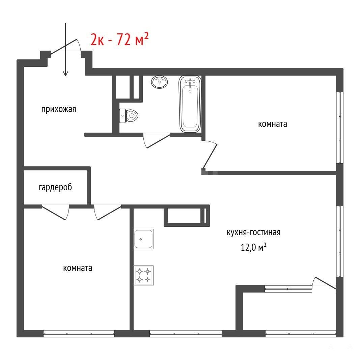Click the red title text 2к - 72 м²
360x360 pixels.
(120, 39)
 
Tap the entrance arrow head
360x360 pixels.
(66, 73)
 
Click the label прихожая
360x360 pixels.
(59, 109)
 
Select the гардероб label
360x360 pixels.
(55, 187)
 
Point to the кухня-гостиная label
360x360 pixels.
(253, 232)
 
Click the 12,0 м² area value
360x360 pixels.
(253, 247)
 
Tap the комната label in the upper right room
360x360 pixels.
(273, 124)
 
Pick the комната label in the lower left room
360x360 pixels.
(78, 268)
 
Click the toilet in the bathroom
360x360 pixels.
(129, 116)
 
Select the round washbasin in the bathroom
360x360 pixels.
(159, 82)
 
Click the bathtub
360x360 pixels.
(190, 104)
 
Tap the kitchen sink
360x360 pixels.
(143, 239)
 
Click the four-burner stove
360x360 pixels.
(143, 276)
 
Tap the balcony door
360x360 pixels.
(324, 283)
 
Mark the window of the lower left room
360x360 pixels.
(79, 334)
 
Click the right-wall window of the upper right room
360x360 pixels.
(340, 128)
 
